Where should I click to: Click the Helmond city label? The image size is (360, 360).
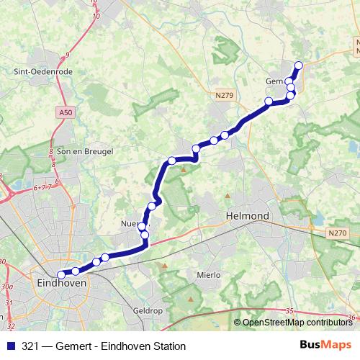247,215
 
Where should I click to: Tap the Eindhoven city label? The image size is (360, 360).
61,284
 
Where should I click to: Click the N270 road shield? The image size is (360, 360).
336,233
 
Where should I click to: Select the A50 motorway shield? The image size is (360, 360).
66,112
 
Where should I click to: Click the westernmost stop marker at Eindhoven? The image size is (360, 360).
61,274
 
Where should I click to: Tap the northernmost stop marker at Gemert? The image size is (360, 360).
299,66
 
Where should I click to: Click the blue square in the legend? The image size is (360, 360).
10,346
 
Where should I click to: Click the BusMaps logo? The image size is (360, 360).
326,346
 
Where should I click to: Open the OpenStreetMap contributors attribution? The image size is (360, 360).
297,322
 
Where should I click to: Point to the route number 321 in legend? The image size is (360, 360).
30,346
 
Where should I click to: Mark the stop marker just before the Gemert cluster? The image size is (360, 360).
269,101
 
